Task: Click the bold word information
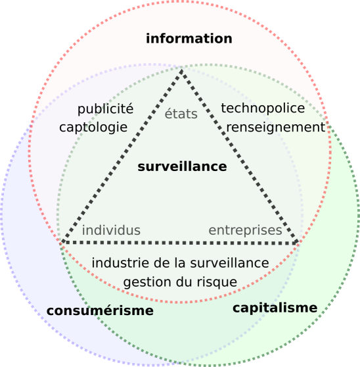189,38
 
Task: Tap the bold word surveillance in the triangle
182,166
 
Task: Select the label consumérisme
100,310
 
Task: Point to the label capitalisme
275,308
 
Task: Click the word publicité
105,109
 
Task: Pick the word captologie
93,128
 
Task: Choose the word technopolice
263,109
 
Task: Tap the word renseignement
276,128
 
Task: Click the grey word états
181,114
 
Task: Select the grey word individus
111,230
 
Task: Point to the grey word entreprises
245,231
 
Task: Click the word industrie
121,263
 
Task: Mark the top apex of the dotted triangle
181,70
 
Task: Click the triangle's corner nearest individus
62,242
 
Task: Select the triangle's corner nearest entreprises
298,242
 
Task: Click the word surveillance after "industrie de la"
229,263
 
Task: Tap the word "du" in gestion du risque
184,282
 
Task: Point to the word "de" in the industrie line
162,262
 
